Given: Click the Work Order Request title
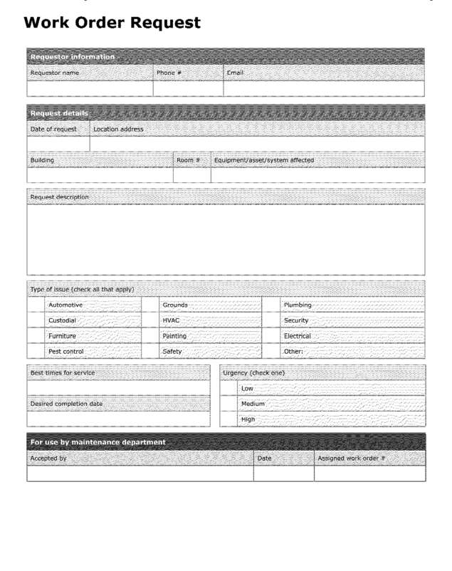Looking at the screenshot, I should click(112, 23).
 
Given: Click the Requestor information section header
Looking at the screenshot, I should click(72, 56).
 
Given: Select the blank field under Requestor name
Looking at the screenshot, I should click(90, 88).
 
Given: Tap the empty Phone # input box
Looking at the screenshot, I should click(188, 88).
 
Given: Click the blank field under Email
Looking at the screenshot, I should click(324, 88).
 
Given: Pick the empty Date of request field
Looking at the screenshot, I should click(58, 144).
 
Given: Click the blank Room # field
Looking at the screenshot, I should click(191, 175).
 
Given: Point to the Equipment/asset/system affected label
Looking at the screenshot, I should click(264, 160).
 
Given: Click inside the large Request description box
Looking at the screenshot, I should click(226, 239).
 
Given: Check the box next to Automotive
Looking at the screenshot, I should click(36, 305).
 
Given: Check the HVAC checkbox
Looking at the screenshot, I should click(150, 320).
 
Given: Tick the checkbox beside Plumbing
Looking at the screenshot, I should click(271, 305).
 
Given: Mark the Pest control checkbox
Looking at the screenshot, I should click(36, 351).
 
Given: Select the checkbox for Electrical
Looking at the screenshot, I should click(271, 336).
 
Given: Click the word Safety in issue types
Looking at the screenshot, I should click(172, 351).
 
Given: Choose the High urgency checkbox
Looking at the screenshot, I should click(229, 419).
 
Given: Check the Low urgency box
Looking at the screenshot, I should click(229, 389).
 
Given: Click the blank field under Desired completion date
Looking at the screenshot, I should click(119, 419).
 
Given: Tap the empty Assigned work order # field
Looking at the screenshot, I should click(369, 473).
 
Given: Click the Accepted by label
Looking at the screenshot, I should click(48, 459).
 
